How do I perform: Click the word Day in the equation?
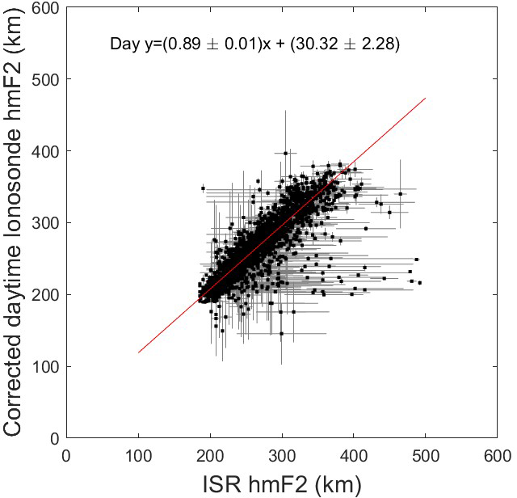pyautogui.click(x=120, y=44)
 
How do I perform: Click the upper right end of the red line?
pyautogui.click(x=425, y=99)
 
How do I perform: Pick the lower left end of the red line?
pyautogui.click(x=138, y=352)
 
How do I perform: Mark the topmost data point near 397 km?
pyautogui.click(x=285, y=153)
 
